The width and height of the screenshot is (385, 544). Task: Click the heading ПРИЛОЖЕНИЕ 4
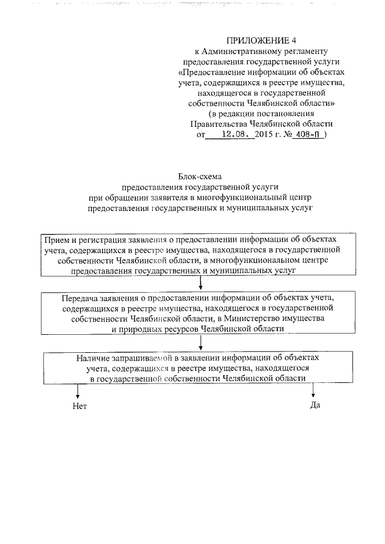pos(252,41)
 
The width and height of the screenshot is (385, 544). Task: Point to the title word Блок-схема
pos(201,177)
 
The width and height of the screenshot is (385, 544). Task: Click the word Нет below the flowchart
pos(79,406)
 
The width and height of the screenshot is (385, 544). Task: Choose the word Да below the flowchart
pos(314,405)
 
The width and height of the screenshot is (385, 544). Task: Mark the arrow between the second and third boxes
pos(200,342)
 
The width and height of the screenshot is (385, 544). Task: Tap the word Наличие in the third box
pos(92,358)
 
